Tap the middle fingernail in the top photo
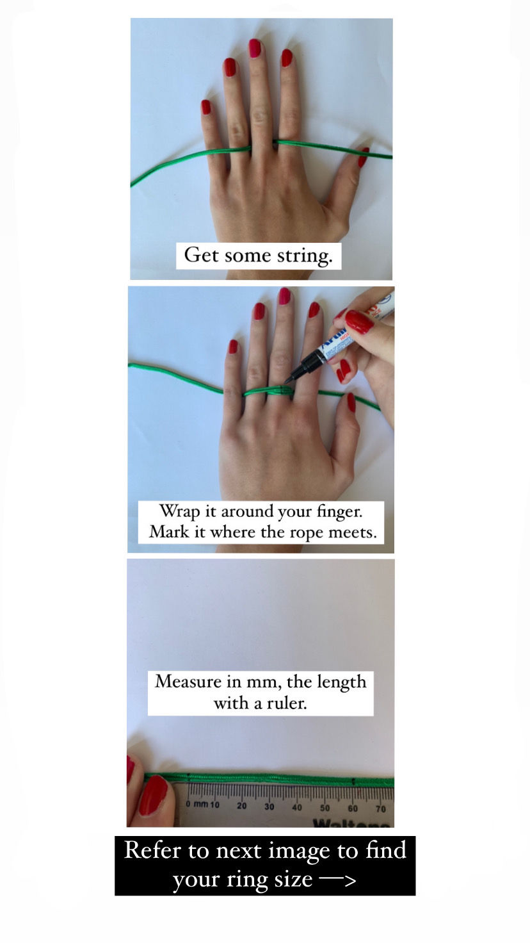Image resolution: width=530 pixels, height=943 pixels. [x=255, y=49]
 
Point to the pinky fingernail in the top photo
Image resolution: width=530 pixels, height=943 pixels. [x=205, y=107]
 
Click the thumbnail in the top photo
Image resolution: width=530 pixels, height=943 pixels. [x=364, y=158]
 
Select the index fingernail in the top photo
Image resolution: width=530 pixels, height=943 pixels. [x=287, y=58]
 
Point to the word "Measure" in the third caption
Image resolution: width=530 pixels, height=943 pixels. [x=188, y=682]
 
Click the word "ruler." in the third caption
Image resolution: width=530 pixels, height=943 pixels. [x=287, y=703]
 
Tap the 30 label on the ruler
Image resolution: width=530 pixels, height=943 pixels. [x=269, y=806]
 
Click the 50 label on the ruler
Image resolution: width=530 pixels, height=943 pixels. [x=325, y=808]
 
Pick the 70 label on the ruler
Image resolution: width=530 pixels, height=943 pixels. [x=381, y=808]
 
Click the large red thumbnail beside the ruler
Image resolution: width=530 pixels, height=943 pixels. [x=154, y=795]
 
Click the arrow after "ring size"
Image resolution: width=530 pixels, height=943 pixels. [x=338, y=880]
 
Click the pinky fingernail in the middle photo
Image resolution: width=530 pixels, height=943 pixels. [x=233, y=347]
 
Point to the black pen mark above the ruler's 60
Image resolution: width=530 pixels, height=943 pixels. [x=353, y=782]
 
